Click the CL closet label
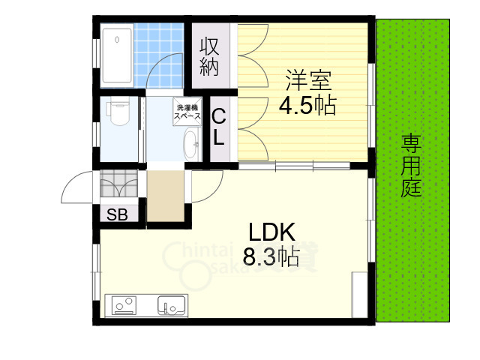[x=219, y=127]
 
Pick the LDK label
[x=270, y=231]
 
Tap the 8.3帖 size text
[x=270, y=257]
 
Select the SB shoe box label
[x=116, y=214]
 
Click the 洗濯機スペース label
[x=187, y=112]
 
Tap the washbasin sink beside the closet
[x=191, y=142]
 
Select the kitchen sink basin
[x=171, y=306]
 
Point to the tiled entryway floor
[x=118, y=182]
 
